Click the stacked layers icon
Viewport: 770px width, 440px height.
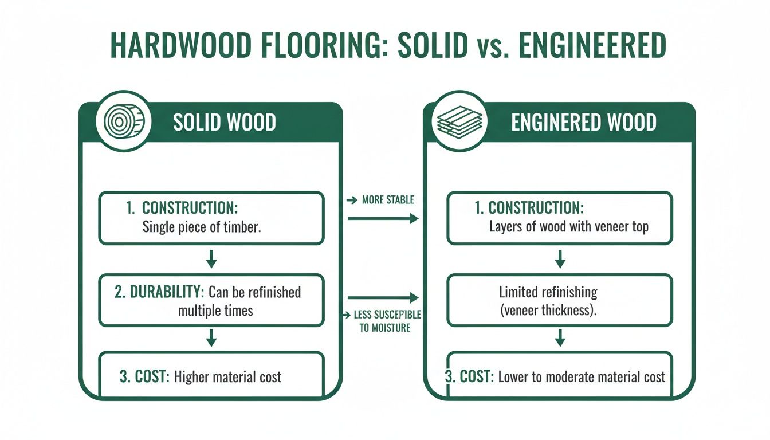click(460, 123)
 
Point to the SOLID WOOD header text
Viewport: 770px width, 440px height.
click(224, 123)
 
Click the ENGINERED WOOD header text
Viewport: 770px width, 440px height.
click(583, 123)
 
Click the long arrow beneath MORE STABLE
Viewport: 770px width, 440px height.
click(383, 218)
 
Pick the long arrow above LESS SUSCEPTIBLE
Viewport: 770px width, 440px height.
click(383, 297)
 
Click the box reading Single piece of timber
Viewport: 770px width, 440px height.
click(211, 218)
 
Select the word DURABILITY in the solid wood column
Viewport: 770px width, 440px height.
click(166, 292)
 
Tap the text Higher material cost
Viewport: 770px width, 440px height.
click(227, 377)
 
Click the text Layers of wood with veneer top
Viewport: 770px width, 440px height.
click(568, 226)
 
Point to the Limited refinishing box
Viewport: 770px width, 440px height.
click(559, 300)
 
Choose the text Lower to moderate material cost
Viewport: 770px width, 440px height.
click(582, 377)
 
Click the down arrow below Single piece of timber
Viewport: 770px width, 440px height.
click(211, 260)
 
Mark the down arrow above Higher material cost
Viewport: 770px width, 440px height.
click(211, 337)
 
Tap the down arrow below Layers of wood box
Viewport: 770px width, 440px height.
click(560, 260)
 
